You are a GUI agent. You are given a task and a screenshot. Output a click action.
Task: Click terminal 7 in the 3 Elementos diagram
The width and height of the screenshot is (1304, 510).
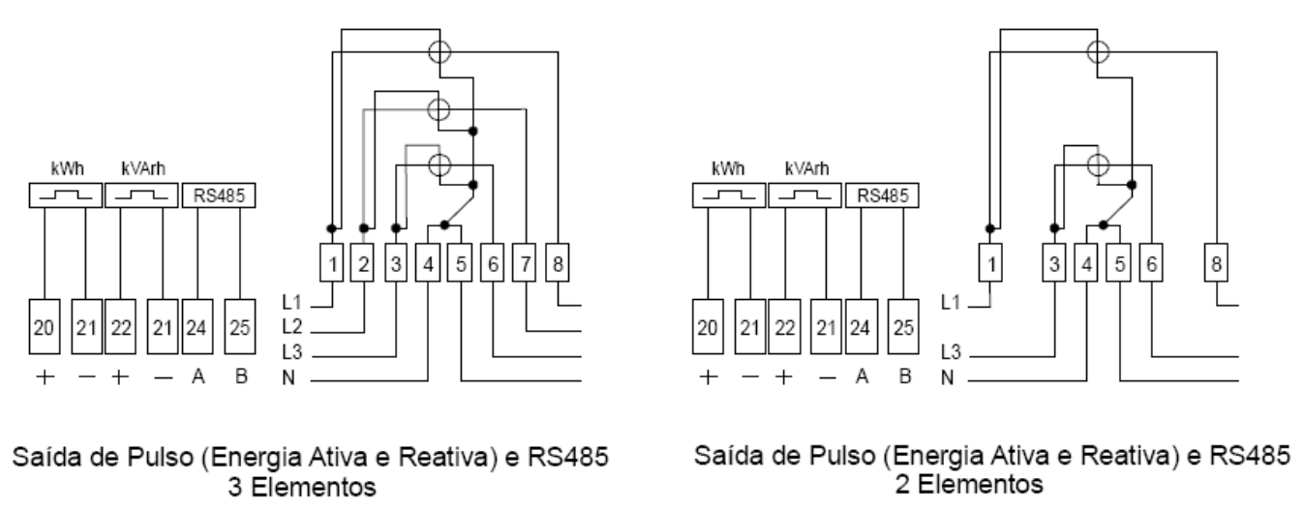click(x=524, y=262)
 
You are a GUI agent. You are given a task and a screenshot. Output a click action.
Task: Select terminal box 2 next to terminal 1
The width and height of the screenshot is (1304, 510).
click(x=362, y=262)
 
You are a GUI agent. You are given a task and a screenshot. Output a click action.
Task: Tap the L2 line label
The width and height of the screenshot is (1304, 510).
click(x=291, y=327)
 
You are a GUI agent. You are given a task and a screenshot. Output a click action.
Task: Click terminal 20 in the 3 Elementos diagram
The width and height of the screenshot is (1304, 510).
click(x=45, y=326)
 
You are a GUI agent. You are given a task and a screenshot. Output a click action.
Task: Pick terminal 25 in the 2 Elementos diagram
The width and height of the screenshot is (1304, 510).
click(x=903, y=326)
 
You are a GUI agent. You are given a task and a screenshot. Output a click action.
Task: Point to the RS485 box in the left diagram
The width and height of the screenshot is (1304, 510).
click(x=219, y=195)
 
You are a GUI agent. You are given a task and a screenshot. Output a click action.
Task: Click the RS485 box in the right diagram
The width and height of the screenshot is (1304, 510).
click(x=882, y=195)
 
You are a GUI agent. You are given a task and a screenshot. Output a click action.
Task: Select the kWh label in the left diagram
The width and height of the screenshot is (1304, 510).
click(x=68, y=168)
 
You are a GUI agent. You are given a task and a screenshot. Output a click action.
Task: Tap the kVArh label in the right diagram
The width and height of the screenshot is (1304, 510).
click(x=806, y=168)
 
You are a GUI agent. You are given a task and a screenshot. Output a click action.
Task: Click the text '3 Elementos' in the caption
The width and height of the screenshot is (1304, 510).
click(x=301, y=487)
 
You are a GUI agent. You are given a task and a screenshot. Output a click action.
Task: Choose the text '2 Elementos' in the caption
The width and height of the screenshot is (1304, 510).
click(x=969, y=485)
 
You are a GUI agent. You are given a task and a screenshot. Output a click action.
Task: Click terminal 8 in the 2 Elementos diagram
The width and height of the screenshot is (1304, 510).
click(x=1216, y=262)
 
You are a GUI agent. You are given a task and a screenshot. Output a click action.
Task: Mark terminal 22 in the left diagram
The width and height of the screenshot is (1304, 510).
click(x=120, y=326)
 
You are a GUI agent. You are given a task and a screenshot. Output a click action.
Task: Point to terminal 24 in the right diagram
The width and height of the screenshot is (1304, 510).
click(x=861, y=326)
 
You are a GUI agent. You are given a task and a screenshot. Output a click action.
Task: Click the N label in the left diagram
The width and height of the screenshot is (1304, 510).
click(x=288, y=378)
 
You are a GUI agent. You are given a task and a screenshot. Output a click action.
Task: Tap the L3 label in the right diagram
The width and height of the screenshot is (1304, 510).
click(x=952, y=351)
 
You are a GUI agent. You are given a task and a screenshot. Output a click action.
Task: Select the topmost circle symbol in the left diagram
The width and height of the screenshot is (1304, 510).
click(x=440, y=52)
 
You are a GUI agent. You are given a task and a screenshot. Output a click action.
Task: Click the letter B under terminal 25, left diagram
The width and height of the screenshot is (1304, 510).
click(x=241, y=376)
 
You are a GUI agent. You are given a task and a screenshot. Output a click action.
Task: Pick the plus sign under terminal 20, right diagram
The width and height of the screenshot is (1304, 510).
click(x=708, y=377)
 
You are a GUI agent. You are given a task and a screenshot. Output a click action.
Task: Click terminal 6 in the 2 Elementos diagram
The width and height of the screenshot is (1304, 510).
click(x=1151, y=262)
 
